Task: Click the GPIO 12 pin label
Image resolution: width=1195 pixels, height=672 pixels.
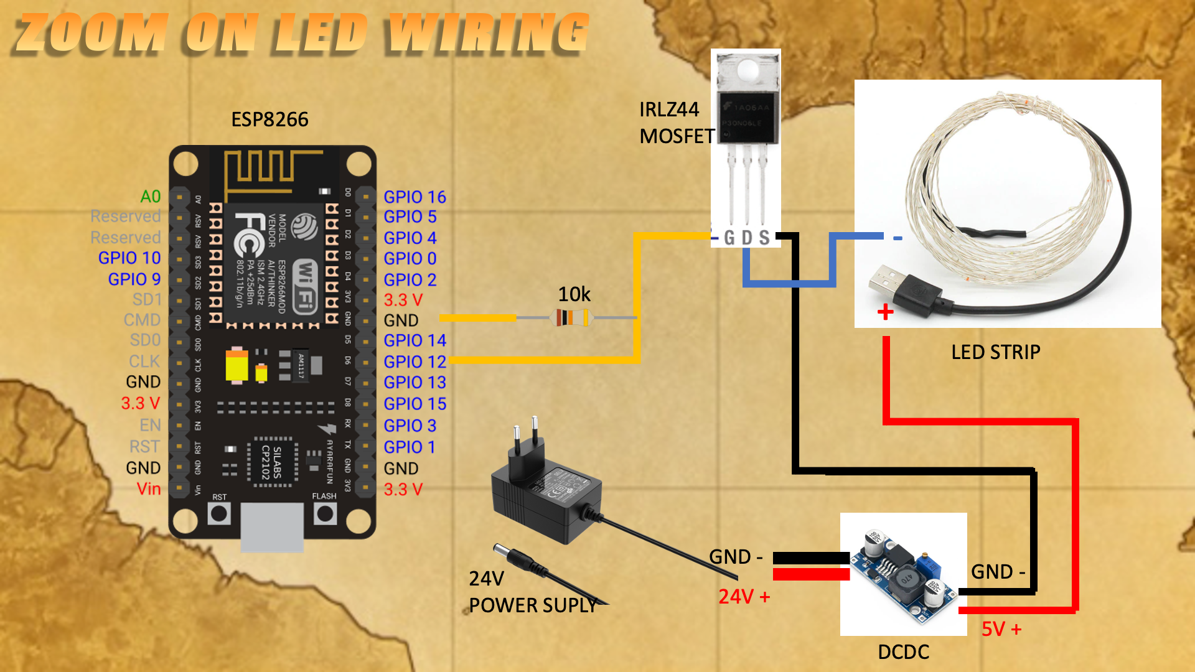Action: point(415,362)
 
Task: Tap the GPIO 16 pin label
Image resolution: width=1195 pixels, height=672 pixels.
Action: point(415,197)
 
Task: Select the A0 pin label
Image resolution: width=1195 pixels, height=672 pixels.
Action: point(151,197)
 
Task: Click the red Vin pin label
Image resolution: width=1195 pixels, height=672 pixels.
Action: point(149,488)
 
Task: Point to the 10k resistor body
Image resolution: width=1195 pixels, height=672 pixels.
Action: point(571,318)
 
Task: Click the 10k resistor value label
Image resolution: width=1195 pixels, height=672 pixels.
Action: point(574,294)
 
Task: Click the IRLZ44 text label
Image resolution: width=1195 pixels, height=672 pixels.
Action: point(669,110)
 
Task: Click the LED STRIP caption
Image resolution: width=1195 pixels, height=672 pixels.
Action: point(995,352)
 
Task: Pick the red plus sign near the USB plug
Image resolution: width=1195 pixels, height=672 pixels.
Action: point(885,312)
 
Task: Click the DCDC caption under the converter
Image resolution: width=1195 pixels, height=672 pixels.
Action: point(903,651)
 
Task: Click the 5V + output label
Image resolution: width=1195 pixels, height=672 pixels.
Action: point(1001,629)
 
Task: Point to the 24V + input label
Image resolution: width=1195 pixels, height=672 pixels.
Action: point(744,597)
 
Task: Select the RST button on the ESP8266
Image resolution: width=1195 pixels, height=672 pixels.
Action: point(219,513)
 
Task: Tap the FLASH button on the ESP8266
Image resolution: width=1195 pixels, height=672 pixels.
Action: point(325,513)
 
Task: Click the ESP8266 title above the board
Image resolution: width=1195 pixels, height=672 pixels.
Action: point(269,119)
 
